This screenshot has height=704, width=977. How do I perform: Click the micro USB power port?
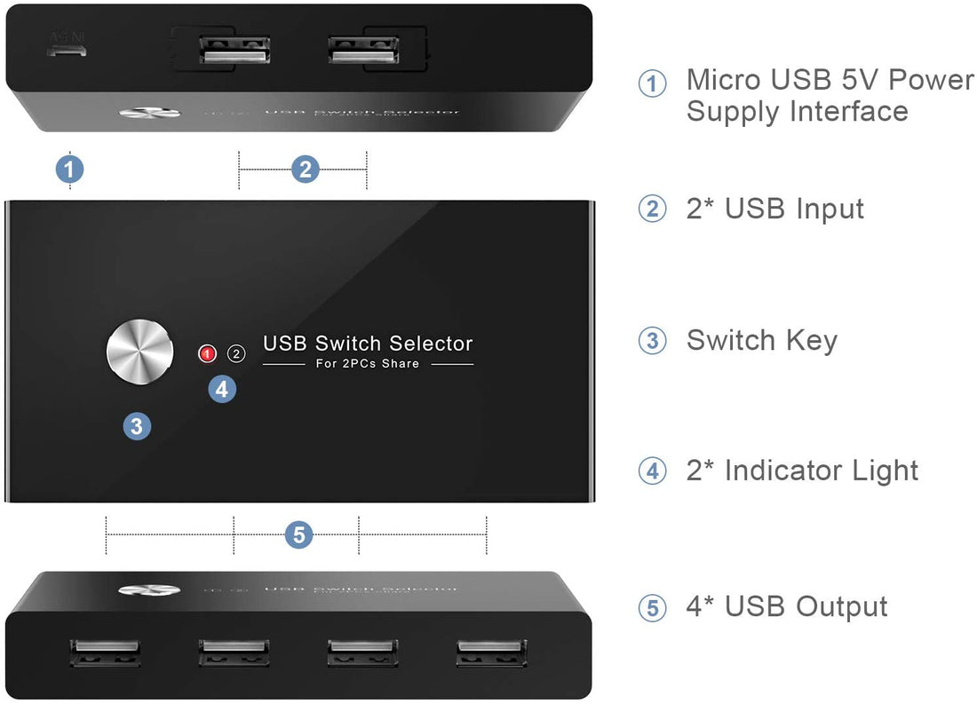click(x=68, y=51)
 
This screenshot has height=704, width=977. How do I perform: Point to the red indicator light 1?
click(x=207, y=353)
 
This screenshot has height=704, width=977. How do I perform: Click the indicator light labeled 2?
click(x=236, y=353)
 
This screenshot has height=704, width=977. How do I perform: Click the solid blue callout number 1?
click(x=70, y=169)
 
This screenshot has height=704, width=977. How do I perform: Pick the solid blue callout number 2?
click(x=305, y=169)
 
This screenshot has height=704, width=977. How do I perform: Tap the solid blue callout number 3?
click(x=136, y=426)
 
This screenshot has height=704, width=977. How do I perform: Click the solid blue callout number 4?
click(x=222, y=388)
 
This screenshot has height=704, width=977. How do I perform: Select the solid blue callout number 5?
click(x=298, y=535)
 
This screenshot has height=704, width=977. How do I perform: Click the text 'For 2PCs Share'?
click(x=368, y=364)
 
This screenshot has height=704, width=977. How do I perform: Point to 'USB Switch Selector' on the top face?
click(x=368, y=344)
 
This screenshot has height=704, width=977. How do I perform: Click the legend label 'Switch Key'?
click(x=761, y=340)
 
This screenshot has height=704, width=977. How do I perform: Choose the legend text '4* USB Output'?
click(x=786, y=606)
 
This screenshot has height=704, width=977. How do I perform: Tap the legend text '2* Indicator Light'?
click(x=802, y=471)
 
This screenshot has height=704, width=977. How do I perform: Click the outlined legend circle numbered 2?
click(x=652, y=210)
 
